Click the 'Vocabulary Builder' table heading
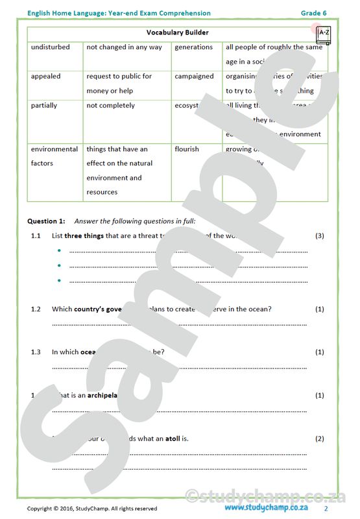[177, 32]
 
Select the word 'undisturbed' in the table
[50, 47]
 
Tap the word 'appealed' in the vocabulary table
[45, 77]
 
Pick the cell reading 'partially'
[44, 106]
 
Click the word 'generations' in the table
[193, 47]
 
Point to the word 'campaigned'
[194, 77]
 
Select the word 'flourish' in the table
[187, 149]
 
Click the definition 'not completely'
[111, 106]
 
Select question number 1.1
[36, 236]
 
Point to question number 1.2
[36, 309]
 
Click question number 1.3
[36, 352]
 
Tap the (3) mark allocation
[318, 236]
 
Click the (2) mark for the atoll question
[318, 439]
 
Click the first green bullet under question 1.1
[59, 251]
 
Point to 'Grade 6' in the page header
[315, 13]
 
